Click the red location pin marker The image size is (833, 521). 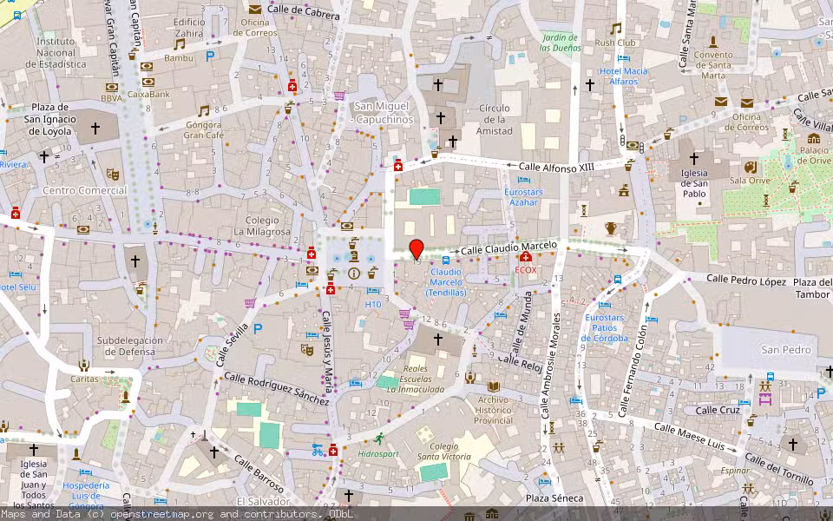coord(416,249)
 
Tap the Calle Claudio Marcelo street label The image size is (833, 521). coord(508,248)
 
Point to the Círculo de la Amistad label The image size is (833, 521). coord(494,120)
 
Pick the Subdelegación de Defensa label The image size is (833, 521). coord(126,346)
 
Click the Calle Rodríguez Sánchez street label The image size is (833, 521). coord(277,387)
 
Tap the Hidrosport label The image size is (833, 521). coord(377,452)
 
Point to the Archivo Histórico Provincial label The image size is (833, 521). coord(495,409)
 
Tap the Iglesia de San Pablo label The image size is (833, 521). coord(694,182)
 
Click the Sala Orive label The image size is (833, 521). coord(750,181)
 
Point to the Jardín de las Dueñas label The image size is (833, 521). coord(560,43)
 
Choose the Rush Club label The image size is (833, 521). coord(615,43)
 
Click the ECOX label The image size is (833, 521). coord(526,270)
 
